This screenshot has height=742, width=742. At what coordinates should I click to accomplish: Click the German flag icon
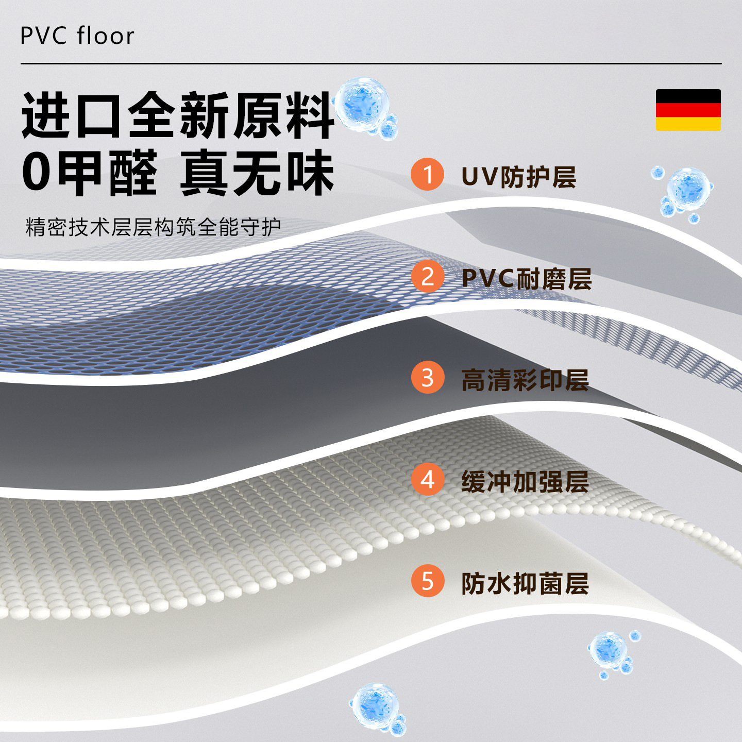(688, 110)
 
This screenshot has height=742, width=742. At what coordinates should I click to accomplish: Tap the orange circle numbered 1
(427, 175)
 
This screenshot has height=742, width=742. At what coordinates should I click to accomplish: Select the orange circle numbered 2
(427, 277)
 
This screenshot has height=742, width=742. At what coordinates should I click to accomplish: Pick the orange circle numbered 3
(427, 378)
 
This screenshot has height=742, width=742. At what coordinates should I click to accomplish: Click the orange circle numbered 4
(427, 480)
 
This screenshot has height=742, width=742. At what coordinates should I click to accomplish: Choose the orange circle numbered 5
(427, 582)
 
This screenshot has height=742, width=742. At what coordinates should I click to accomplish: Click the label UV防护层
(518, 176)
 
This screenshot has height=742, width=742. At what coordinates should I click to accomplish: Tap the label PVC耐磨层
(526, 278)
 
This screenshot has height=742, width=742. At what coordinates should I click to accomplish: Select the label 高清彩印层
(525, 380)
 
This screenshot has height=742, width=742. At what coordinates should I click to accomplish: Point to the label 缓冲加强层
(525, 482)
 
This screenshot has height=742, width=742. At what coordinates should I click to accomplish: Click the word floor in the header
(106, 36)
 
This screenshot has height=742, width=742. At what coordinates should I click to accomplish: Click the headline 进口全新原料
(178, 115)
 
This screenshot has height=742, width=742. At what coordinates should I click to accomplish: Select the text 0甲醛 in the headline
(89, 172)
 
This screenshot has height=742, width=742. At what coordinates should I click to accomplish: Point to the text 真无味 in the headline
(257, 172)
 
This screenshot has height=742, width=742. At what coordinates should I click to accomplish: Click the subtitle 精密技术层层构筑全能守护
(153, 227)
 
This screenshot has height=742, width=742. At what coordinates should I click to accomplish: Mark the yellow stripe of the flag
(688, 124)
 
